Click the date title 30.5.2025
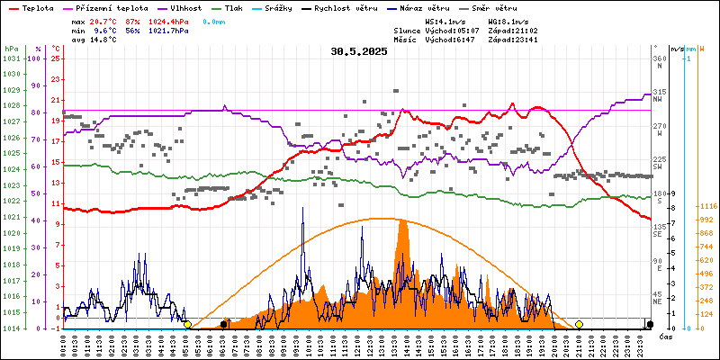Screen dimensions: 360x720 pos(358,51)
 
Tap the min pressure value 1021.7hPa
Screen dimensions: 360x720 pos(169,30)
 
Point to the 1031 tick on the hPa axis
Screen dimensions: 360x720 pos(12,58)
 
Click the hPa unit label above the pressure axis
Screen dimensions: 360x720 pos(11,49)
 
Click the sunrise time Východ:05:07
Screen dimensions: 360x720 pos(455,30)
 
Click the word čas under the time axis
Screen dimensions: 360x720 pos(665,337)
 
